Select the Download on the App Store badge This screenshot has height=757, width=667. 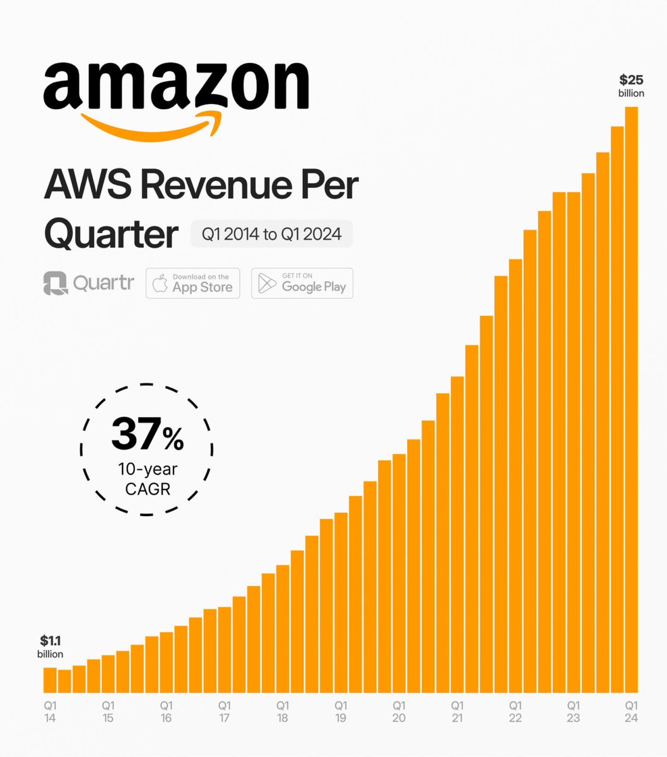[x=193, y=283]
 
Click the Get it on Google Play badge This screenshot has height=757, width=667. [x=302, y=283]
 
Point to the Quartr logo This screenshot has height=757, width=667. [x=88, y=283]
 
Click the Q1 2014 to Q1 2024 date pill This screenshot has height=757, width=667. [x=271, y=234]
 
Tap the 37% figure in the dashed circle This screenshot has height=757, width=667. [x=148, y=436]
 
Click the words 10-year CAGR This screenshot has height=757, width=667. [x=148, y=479]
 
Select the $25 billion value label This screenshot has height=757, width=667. [x=631, y=86]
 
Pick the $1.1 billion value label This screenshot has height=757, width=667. [x=50, y=647]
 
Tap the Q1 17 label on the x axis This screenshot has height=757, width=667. [x=225, y=711]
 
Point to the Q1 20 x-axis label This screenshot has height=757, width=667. [x=399, y=711]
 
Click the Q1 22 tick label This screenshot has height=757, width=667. [x=515, y=711]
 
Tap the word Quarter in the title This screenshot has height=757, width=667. [x=111, y=234]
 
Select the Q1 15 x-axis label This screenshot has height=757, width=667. [x=109, y=711]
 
